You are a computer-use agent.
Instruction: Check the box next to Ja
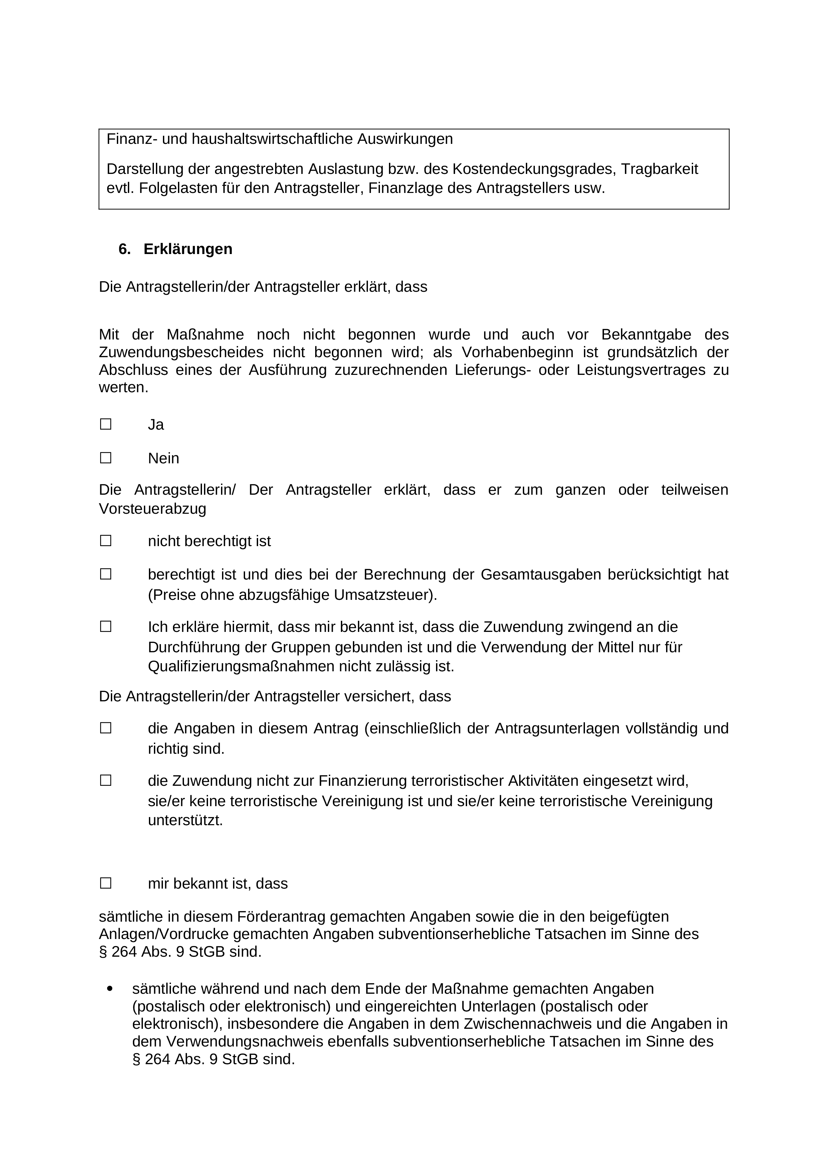click(106, 424)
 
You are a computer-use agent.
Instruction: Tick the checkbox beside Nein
click(106, 458)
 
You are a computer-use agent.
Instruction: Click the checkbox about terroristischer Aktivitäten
click(106, 781)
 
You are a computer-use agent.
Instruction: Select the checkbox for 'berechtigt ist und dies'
click(106, 574)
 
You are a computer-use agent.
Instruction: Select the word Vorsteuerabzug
click(153, 509)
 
